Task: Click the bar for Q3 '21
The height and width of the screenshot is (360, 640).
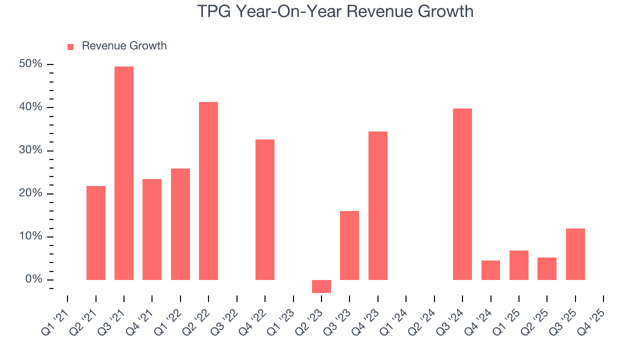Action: tap(124, 173)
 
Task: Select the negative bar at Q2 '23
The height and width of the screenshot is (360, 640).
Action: tap(321, 286)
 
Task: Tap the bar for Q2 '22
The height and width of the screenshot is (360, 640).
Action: tap(208, 190)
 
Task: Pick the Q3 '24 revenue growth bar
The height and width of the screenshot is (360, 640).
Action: tap(462, 194)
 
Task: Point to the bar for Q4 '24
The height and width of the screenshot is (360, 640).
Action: tap(490, 270)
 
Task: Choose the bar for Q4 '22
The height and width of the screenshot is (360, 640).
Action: tap(265, 209)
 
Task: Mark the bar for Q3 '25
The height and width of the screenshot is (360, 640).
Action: tap(575, 254)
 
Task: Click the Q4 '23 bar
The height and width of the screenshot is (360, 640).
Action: tap(378, 205)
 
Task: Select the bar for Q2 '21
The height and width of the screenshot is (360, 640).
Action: tap(96, 232)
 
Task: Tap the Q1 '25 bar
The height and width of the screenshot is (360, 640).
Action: tap(519, 265)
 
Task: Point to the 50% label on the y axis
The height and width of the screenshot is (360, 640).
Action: tap(31, 64)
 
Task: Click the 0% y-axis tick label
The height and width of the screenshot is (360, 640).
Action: tap(34, 279)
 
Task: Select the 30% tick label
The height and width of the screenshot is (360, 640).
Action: tap(31, 150)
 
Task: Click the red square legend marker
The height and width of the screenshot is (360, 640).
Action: tap(70, 46)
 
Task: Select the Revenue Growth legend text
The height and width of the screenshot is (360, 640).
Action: tap(124, 46)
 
